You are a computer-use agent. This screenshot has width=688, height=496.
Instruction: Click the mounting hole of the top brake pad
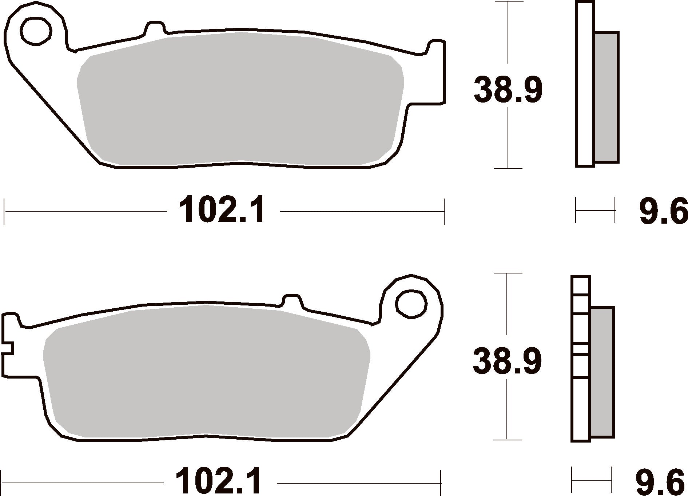[x=36, y=31]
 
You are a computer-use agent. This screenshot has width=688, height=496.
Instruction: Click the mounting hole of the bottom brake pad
[x=411, y=304]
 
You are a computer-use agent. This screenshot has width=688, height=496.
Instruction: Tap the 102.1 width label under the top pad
[x=222, y=210]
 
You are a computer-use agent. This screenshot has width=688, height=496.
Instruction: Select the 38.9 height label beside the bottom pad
[x=507, y=361]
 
